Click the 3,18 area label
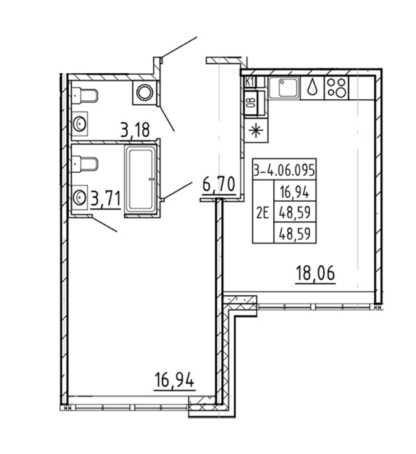point(135,130)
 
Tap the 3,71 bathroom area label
point(105,199)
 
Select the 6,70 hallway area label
point(219,184)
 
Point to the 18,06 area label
point(315,274)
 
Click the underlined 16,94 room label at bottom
point(174,380)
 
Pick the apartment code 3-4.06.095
point(284,170)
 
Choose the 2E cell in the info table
point(263,213)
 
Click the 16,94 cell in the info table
point(295,192)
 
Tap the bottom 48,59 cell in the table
point(295,233)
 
